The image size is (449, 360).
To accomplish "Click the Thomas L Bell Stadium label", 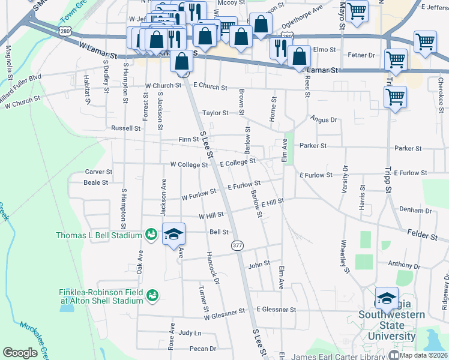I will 99,235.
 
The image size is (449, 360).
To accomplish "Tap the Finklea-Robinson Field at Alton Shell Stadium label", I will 101,296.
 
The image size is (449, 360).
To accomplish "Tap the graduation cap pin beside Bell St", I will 173,233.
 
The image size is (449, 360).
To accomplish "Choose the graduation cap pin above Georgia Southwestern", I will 387,298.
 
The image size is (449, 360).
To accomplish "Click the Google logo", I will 20,353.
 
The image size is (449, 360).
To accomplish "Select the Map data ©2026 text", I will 423,355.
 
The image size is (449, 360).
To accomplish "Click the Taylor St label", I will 215,113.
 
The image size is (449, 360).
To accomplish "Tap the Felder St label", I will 424,235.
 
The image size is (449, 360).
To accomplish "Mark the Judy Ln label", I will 190,332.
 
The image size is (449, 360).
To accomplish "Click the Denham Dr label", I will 415,211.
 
